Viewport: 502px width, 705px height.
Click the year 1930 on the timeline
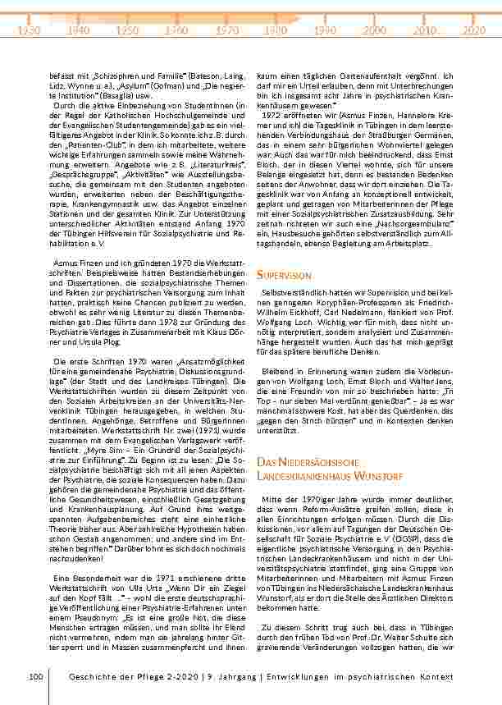coord(29,30)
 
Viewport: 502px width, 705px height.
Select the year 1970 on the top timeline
coord(227,30)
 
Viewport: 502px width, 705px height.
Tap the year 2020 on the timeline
coord(474,30)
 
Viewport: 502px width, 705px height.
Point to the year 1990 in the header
coord(326,30)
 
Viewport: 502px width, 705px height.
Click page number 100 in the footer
coord(34,676)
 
